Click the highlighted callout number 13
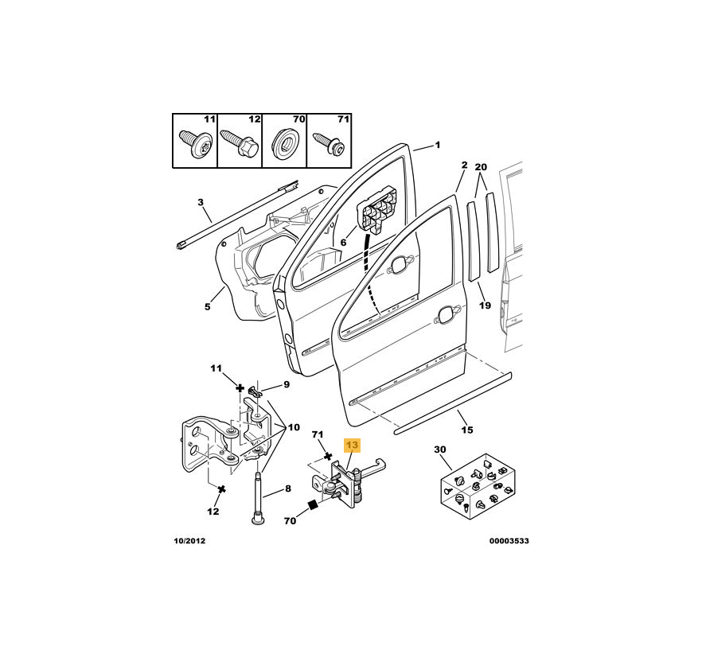pyautogui.click(x=352, y=445)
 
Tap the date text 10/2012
pyautogui.click(x=189, y=541)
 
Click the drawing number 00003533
pyautogui.click(x=509, y=541)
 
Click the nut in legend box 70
pyautogui.click(x=284, y=143)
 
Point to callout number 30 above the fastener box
pyautogui.click(x=440, y=449)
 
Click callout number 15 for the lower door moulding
pyautogui.click(x=467, y=430)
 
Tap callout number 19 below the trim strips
pyautogui.click(x=485, y=306)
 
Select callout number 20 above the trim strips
pyautogui.click(x=481, y=167)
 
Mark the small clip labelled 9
pyautogui.click(x=255, y=392)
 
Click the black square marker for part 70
pyautogui.click(x=313, y=505)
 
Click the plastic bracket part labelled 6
pyautogui.click(x=377, y=209)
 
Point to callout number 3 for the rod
pyautogui.click(x=201, y=202)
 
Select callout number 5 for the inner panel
pyautogui.click(x=207, y=306)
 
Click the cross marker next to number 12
pyautogui.click(x=220, y=489)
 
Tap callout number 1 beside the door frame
pyautogui.click(x=438, y=145)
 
